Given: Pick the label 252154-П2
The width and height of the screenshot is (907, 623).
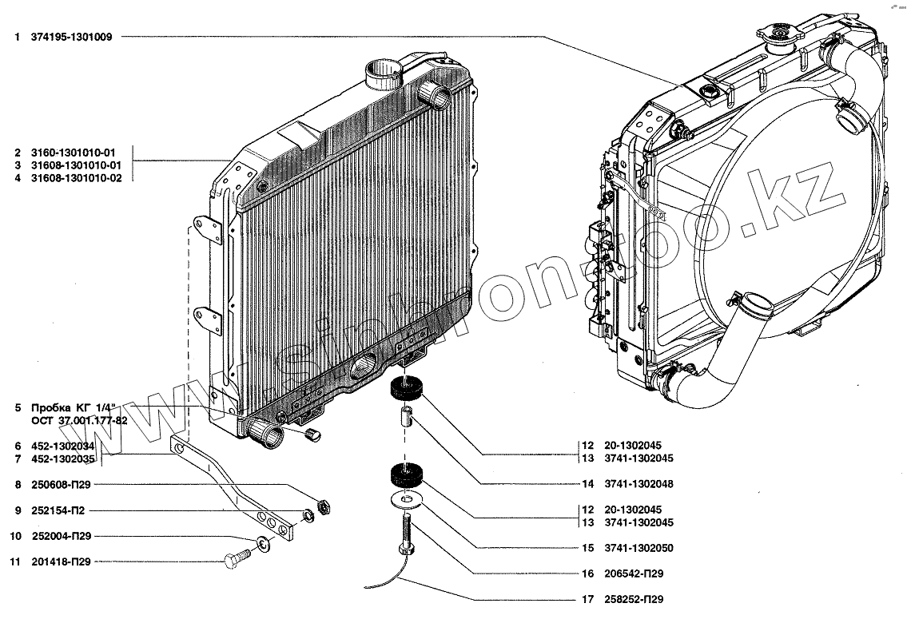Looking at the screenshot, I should coord(60,510).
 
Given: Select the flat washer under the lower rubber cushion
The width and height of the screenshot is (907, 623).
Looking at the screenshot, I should coord(408,501).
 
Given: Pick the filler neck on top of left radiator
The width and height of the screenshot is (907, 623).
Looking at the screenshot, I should coord(381,75).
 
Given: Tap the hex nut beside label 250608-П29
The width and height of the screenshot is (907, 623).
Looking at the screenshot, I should coord(324,506).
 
